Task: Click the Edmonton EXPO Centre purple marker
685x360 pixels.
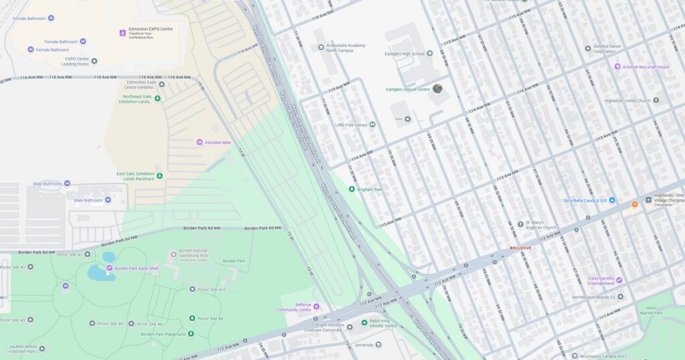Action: [x=122, y=33]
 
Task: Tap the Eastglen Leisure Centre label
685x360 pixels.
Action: [x=408, y=89]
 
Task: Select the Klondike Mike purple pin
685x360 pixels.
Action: [x=199, y=143]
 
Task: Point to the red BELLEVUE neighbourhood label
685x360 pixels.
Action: [x=520, y=248]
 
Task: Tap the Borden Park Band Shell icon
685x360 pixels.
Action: [x=110, y=268]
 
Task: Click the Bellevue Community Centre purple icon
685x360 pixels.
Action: [x=316, y=306]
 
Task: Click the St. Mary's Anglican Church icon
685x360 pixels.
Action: [x=520, y=224]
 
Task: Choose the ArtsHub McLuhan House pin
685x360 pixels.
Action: [x=617, y=67]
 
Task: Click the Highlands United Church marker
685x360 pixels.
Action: [x=656, y=100]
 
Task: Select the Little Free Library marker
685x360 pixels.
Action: [x=373, y=124]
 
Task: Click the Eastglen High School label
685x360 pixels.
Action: [x=404, y=54]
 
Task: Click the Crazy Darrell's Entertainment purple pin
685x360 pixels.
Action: [x=619, y=280]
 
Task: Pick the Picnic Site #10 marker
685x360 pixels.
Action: [x=193, y=290]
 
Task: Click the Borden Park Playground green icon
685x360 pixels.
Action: [x=191, y=333]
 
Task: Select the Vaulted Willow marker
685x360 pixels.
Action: [x=42, y=348]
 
